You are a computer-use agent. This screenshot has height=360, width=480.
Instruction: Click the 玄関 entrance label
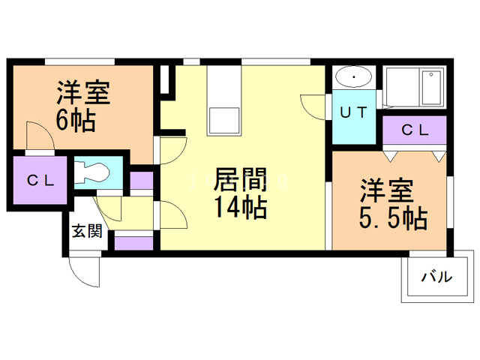pos(87,232)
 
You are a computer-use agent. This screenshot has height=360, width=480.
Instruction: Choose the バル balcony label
pos(436,277)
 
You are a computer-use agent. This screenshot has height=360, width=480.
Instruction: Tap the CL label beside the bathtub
pos(414,130)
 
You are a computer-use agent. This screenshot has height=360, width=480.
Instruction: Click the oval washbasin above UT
pos(353,78)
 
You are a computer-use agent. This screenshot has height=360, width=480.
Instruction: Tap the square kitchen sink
pos(223,120)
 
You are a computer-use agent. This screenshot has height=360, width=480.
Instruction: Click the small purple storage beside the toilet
pos(141,181)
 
